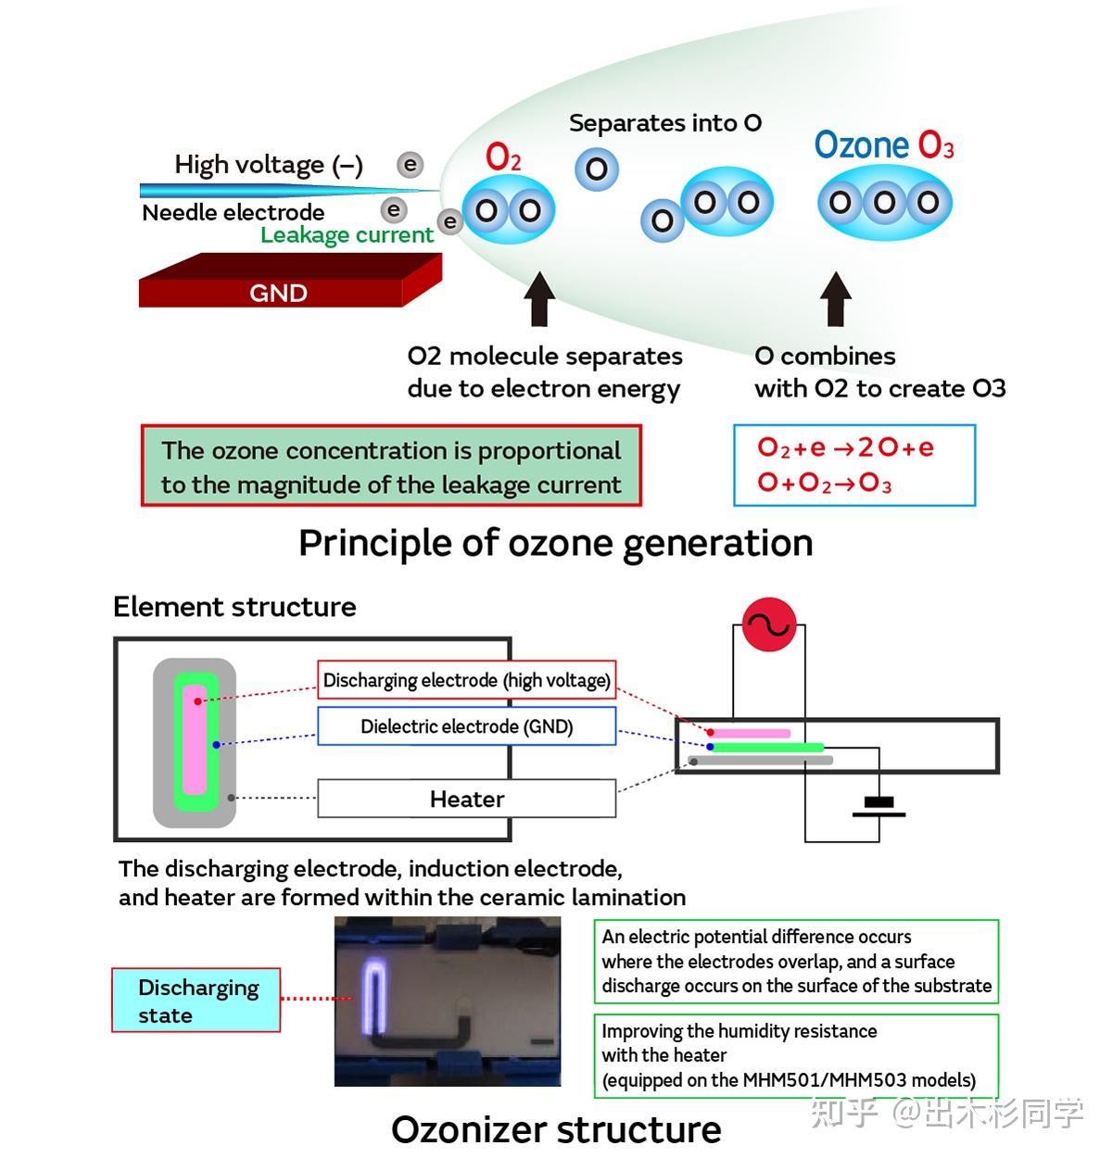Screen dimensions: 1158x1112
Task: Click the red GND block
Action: tap(278, 287)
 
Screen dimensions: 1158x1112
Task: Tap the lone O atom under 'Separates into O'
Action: tap(597, 170)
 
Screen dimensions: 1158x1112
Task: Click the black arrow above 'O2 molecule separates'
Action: tap(538, 299)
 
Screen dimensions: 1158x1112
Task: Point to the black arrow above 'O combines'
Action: tap(837, 299)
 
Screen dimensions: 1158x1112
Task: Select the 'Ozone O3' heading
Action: tap(884, 145)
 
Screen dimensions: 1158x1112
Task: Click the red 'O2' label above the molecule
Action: tap(503, 157)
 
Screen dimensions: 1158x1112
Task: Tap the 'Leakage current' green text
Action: tap(347, 235)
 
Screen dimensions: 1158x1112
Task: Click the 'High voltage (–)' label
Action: tap(269, 165)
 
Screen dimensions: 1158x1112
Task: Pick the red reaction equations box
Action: tap(853, 465)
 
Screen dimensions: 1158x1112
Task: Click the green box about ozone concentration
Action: tap(391, 466)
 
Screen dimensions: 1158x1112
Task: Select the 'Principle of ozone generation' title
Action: tap(555, 543)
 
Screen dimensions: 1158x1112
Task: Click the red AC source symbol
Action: tap(769, 625)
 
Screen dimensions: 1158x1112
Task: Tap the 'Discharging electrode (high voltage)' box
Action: tap(466, 681)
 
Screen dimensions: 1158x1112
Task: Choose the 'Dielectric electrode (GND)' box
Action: tap(466, 726)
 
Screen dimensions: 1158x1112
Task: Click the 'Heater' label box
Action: tap(466, 799)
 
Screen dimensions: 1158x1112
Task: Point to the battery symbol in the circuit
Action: tap(878, 807)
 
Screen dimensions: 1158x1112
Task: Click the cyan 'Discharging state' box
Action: tap(196, 1001)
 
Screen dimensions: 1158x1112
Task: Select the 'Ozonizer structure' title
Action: tap(556, 1129)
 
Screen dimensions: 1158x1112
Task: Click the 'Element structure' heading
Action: tap(234, 607)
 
